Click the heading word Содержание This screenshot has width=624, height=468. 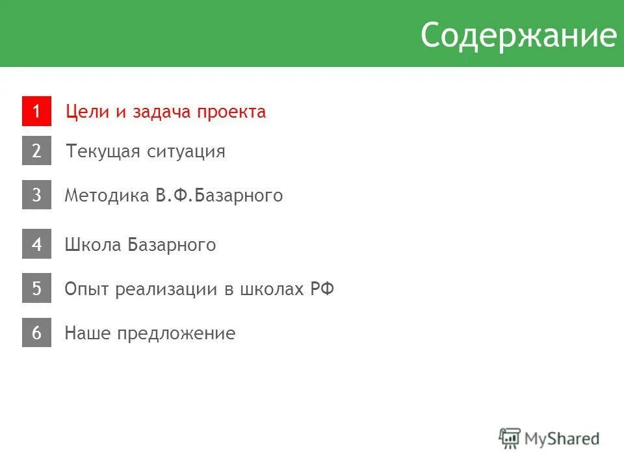(x=517, y=36)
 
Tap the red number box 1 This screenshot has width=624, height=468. (x=36, y=111)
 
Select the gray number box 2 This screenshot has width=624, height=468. (x=36, y=151)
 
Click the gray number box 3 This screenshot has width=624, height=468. (x=36, y=195)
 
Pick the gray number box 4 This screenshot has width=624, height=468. (x=36, y=244)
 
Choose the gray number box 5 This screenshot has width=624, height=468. (x=36, y=289)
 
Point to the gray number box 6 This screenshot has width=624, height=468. (x=36, y=333)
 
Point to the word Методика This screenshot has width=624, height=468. (x=107, y=196)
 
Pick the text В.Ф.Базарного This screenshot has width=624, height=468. (x=219, y=196)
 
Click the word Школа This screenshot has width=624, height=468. (x=92, y=245)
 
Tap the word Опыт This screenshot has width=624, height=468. (x=87, y=289)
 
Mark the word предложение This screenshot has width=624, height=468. (x=176, y=333)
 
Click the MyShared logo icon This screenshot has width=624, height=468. (x=510, y=438)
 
